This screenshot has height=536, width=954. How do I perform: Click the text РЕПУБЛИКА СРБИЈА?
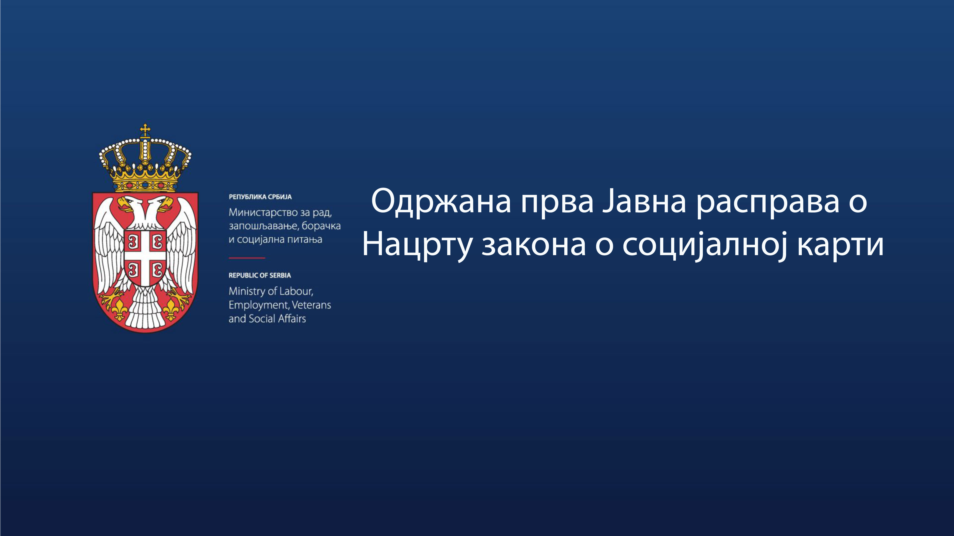260,197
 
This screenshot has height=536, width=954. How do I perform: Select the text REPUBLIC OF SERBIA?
260,275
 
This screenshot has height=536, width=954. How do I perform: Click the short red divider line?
247,258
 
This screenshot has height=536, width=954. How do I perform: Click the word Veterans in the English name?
311,305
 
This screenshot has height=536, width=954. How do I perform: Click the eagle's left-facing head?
127,203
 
